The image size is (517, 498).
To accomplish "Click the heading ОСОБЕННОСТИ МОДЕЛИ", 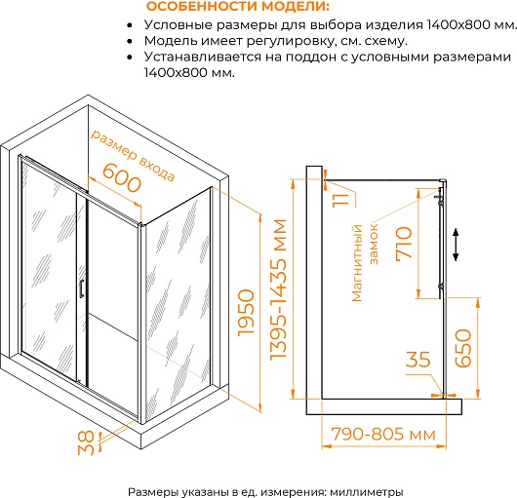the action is [x=238, y=7].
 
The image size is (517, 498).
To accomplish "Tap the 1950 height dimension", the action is [x=246, y=313].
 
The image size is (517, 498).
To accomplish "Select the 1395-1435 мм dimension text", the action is [x=278, y=288].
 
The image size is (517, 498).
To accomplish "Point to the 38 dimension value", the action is [x=87, y=443].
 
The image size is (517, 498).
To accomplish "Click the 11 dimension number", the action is [x=340, y=200].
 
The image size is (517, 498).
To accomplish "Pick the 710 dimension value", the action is [x=404, y=244].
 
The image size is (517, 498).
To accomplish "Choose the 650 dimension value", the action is [x=463, y=348].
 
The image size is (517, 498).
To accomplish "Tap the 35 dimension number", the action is [x=418, y=359].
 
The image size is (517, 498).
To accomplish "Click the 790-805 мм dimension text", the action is [x=383, y=434].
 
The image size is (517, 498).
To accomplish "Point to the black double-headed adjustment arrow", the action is [x=456, y=245].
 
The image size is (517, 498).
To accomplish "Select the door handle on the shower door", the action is [x=81, y=288].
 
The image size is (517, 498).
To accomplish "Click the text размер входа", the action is [x=133, y=155].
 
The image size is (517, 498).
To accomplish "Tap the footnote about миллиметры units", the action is [x=265, y=492].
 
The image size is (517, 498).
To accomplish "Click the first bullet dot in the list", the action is [x=131, y=25].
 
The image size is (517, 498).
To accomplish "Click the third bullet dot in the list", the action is [x=131, y=57].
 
